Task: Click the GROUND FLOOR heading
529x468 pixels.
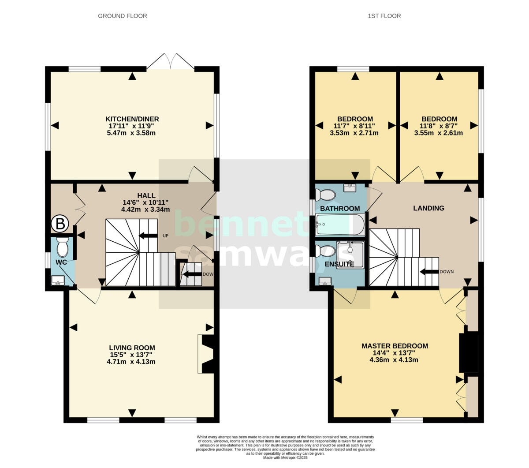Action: [122, 16]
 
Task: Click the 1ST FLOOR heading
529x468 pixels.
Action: [384, 16]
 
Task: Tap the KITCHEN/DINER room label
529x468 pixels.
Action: [132, 119]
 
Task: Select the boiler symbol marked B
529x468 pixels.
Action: [60, 224]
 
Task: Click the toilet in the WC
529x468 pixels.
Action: [63, 247]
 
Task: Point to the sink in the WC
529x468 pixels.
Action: [58, 280]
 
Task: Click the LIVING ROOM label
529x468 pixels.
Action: [132, 348]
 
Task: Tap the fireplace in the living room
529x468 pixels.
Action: [207, 354]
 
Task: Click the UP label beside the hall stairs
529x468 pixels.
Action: [166, 236]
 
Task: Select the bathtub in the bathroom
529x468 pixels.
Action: [340, 225]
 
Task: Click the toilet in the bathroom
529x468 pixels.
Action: [325, 194]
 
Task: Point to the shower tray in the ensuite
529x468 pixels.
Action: [350, 255]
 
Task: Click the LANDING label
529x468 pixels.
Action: [428, 208]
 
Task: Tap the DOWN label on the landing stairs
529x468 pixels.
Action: [446, 272]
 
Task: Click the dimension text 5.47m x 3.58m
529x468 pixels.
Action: [132, 132]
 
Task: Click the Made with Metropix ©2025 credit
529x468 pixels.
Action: [285, 458]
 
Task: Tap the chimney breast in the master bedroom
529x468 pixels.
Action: [469, 353]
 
